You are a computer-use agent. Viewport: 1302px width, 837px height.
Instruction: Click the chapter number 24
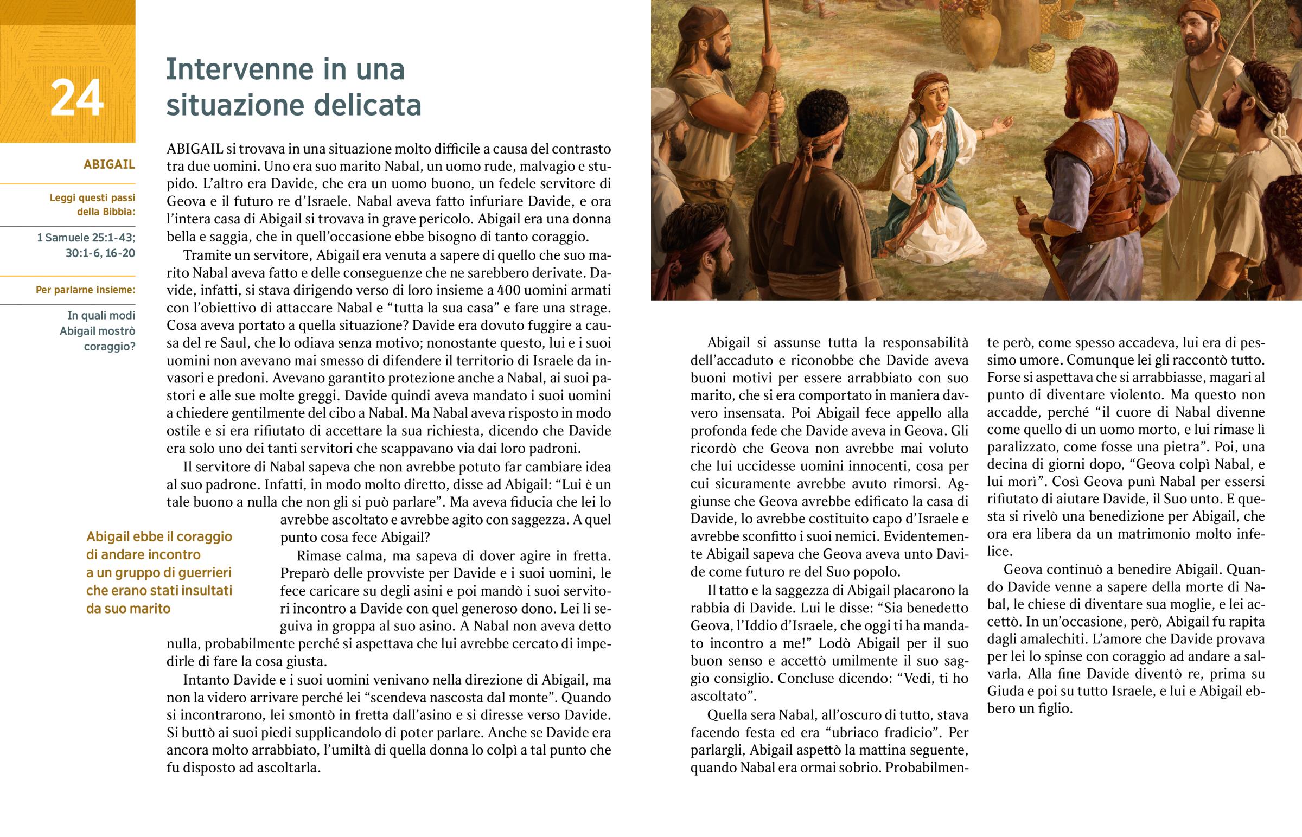(x=76, y=98)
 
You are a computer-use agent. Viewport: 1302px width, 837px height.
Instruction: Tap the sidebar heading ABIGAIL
(x=109, y=165)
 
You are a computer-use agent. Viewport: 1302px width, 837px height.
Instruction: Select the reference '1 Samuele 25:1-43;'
(x=86, y=238)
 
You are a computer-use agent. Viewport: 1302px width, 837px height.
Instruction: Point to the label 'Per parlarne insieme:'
(x=85, y=290)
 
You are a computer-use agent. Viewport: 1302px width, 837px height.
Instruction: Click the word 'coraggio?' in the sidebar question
(x=109, y=346)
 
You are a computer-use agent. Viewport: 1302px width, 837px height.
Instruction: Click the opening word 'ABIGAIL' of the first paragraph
(x=195, y=149)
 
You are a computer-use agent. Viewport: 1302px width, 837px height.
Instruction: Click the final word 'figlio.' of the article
(x=1054, y=709)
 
